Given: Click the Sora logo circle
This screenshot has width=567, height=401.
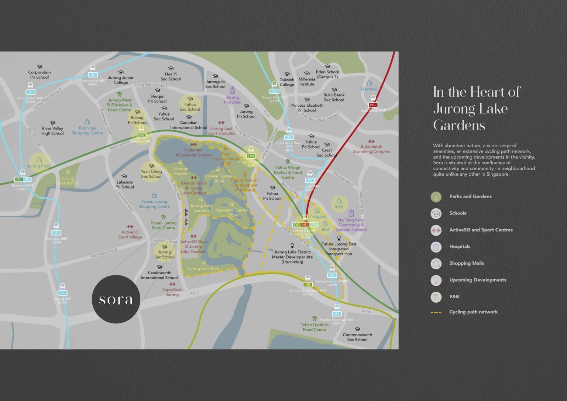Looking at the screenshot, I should click(116, 299).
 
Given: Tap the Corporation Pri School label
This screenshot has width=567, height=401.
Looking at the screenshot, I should click(39, 75).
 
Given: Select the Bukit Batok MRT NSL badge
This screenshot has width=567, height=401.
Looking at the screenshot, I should click(373, 105).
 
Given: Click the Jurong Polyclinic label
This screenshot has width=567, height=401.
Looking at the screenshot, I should click(232, 100).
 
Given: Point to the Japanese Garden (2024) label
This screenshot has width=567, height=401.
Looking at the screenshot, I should click(232, 212).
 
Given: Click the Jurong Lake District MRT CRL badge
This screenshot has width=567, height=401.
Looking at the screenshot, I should click(307, 285).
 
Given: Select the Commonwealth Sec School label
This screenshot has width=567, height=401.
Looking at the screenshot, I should click(357, 337).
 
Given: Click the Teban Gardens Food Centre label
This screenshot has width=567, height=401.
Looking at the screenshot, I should click(315, 327).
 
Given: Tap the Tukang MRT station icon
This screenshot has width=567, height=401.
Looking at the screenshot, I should click(62, 286).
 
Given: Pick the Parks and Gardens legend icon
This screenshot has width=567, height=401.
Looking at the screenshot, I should click(436, 197).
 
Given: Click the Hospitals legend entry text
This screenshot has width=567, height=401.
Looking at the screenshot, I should click(460, 247).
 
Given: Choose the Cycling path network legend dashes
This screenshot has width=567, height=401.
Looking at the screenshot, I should click(436, 312).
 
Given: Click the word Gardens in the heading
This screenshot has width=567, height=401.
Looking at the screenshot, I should click(459, 126).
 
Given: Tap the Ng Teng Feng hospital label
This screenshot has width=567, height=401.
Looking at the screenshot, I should click(351, 225).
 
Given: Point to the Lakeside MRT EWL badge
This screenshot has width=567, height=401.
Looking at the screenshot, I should click(141, 136).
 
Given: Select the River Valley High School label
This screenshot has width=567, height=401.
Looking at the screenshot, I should click(52, 131).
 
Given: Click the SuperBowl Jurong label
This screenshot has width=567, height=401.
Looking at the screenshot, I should click(172, 292).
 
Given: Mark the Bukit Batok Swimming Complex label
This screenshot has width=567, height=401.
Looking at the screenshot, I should click(371, 149).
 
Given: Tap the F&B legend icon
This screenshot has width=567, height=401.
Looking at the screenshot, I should click(436, 297).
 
